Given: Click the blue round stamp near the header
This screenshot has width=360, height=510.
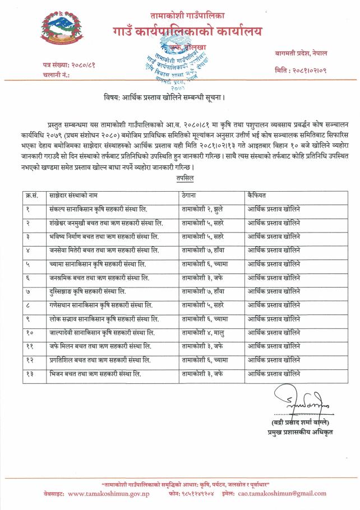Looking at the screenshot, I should click(180, 64).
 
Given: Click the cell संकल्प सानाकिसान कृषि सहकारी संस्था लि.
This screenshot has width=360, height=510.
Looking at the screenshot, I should click(98, 210).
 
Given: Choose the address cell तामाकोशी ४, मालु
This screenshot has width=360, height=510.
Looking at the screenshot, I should click(203, 332).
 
